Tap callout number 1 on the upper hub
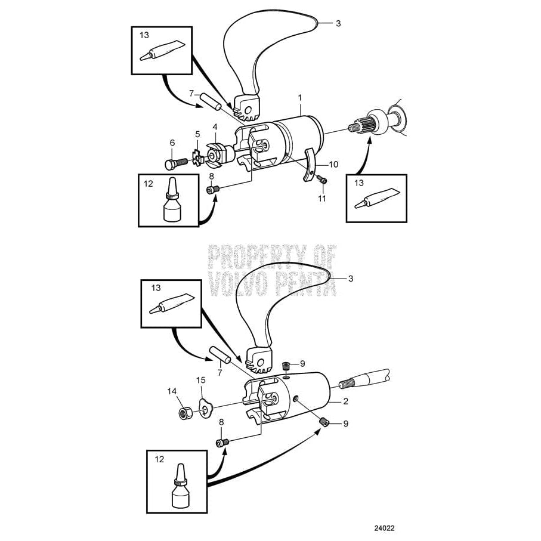click(299, 97)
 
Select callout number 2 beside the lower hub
click(345, 402)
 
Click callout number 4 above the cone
click(215, 126)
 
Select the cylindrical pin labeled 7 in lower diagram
click(218, 356)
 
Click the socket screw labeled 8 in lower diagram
click(222, 442)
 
